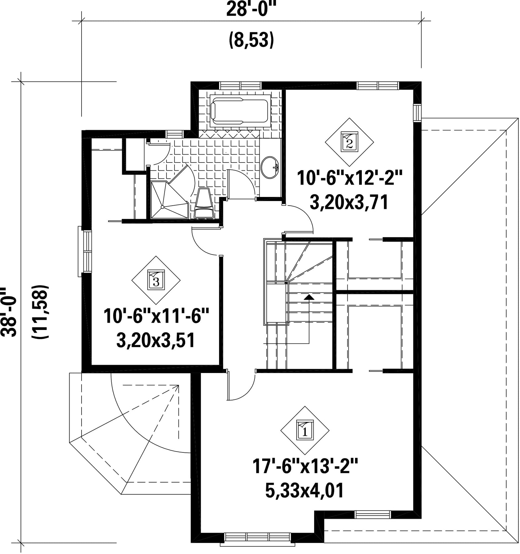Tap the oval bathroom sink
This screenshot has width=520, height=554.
[270, 167]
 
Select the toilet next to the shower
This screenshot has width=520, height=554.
[203, 203]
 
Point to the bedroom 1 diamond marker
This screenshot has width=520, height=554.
[305, 430]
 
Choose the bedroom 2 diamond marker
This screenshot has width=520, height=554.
[350, 142]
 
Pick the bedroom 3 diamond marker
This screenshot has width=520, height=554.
[156, 280]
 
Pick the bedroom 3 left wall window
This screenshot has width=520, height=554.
[85, 251]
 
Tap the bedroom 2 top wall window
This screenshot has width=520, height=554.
[378, 85]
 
